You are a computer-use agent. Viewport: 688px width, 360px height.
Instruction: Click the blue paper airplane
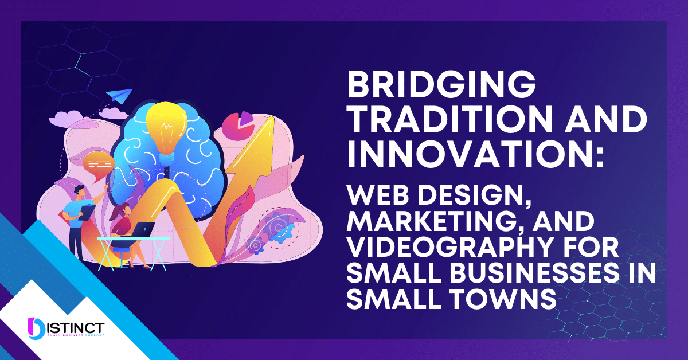(120, 96)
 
